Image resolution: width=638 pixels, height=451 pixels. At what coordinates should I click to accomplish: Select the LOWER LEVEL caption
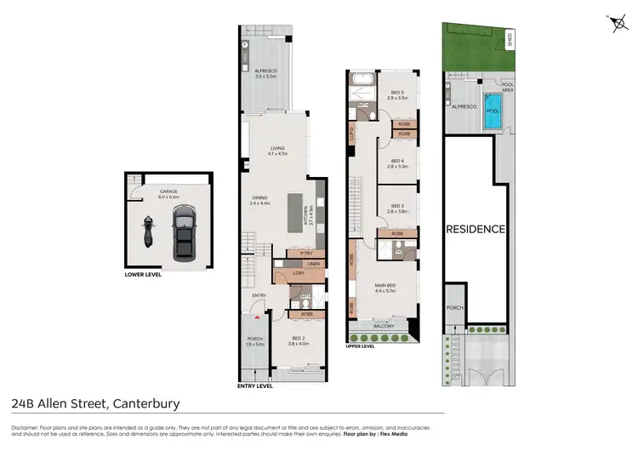pyautogui.click(x=143, y=275)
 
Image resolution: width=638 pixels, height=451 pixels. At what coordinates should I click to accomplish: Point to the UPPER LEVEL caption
pyautogui.click(x=361, y=346)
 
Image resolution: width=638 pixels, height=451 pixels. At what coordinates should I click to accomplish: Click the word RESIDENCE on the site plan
pyautogui.click(x=476, y=229)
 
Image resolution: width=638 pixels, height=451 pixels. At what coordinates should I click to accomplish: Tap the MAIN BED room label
pyautogui.click(x=387, y=287)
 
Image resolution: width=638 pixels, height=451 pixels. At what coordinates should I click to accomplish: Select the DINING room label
pyautogui.click(x=259, y=200)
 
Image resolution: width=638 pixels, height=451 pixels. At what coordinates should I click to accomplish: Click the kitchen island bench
pyautogui.click(x=295, y=209)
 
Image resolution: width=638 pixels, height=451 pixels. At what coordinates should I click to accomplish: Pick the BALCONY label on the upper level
pyautogui.click(x=385, y=325)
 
